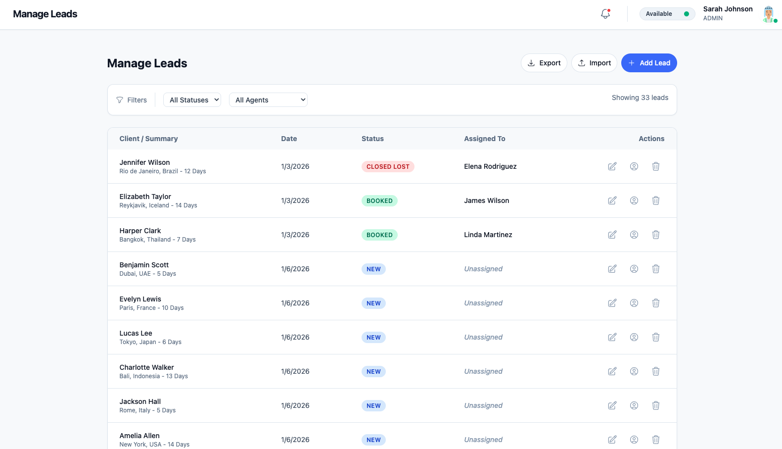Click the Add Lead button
(x=648, y=63)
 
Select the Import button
(x=594, y=63)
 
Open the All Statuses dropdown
(x=192, y=100)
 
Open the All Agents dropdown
(x=268, y=100)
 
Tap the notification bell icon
(x=605, y=14)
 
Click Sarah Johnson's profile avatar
(x=768, y=14)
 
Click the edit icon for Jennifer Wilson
(x=612, y=166)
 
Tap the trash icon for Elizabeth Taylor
(x=655, y=200)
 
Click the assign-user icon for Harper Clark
(x=634, y=235)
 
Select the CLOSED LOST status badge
(x=388, y=167)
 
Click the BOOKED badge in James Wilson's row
(x=379, y=201)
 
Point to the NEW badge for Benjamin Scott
(x=373, y=269)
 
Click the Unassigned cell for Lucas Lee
(x=483, y=337)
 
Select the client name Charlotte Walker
(x=146, y=367)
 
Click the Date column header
(x=289, y=139)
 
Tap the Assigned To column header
(x=484, y=139)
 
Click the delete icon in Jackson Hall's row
(x=655, y=405)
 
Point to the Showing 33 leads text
(x=640, y=98)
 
